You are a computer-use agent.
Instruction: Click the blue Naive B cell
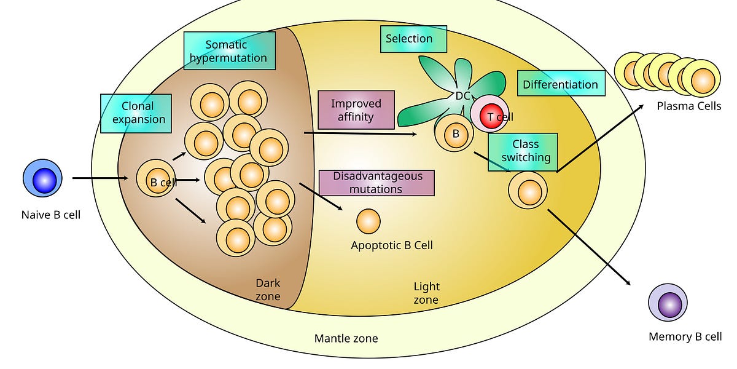pyautogui.click(x=43, y=180)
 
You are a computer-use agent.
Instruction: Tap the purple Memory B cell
pyautogui.click(x=668, y=304)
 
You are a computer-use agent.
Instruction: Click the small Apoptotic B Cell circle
pyautogui.click(x=368, y=222)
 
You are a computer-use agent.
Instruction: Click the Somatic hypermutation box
pyautogui.click(x=229, y=52)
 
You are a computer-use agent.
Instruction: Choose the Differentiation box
pyautogui.click(x=560, y=84)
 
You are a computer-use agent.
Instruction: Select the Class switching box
pyautogui.click(x=523, y=151)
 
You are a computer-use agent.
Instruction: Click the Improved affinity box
pyautogui.click(x=356, y=110)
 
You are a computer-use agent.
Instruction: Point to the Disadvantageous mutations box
pyautogui.click(x=376, y=183)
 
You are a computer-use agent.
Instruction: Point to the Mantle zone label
pyautogui.click(x=346, y=338)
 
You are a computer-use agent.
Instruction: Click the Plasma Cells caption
pyautogui.click(x=688, y=106)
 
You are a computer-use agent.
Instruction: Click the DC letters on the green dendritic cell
pyautogui.click(x=462, y=95)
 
